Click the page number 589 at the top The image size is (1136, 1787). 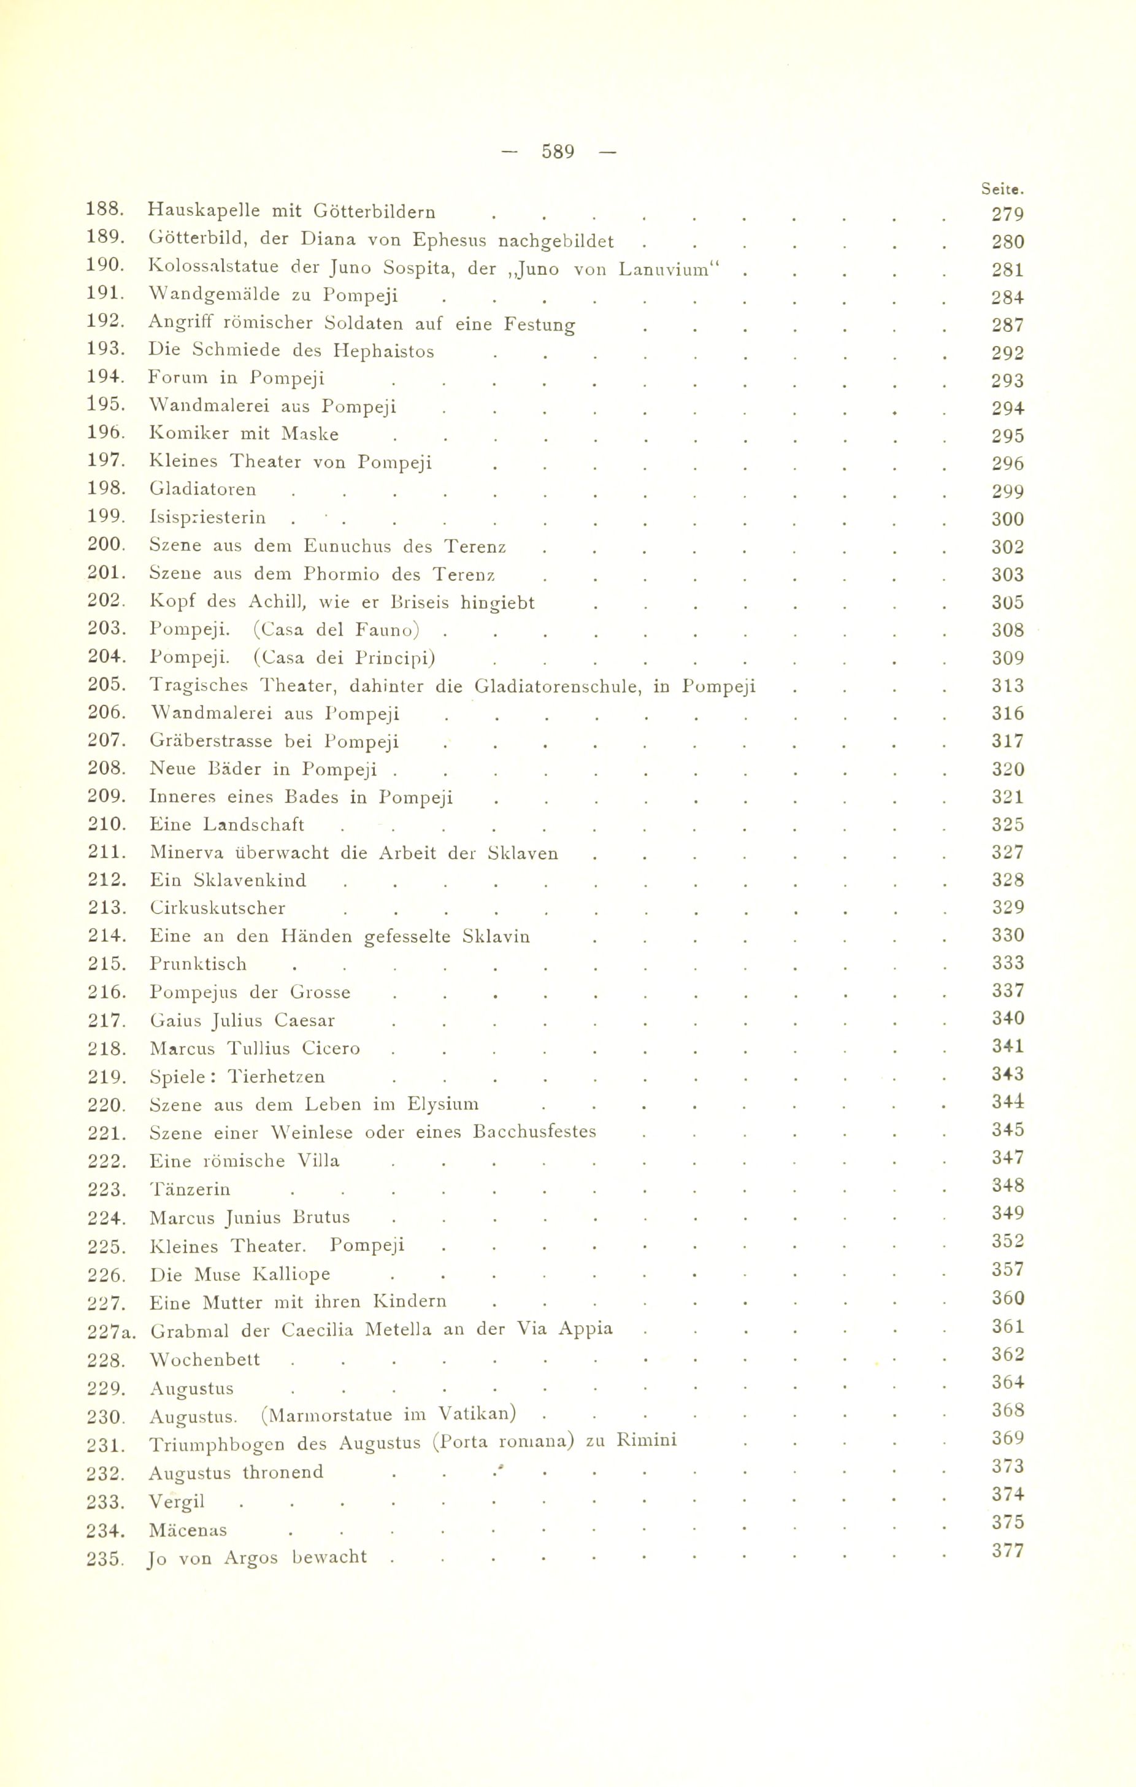tap(558, 152)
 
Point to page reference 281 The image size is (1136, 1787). tap(1008, 270)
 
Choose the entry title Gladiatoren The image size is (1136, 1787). tap(202, 490)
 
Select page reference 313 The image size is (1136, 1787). tap(1008, 686)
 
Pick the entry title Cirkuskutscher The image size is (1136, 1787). tap(217, 909)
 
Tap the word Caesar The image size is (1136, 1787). tap(304, 1021)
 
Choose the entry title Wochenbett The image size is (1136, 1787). tap(205, 1360)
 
